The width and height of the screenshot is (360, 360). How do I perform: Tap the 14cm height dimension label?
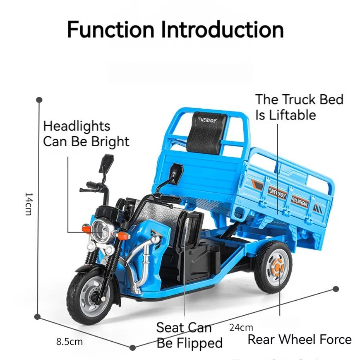pos(28,204)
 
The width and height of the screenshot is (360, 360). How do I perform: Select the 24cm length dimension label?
pos(241,327)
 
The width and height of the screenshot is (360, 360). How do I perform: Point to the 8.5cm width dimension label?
pos(69,341)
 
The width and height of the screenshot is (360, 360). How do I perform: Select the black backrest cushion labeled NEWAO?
pos(207,132)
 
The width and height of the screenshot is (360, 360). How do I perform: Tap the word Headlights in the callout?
pos(77,126)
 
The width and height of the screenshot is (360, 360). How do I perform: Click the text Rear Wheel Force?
pos(300,339)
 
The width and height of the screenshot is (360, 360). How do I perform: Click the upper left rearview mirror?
pos(107,163)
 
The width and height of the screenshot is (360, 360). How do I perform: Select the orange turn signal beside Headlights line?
pos(86,229)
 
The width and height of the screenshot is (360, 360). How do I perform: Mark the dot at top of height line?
pos(39,99)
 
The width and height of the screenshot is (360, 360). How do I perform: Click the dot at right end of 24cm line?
pos(336,289)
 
